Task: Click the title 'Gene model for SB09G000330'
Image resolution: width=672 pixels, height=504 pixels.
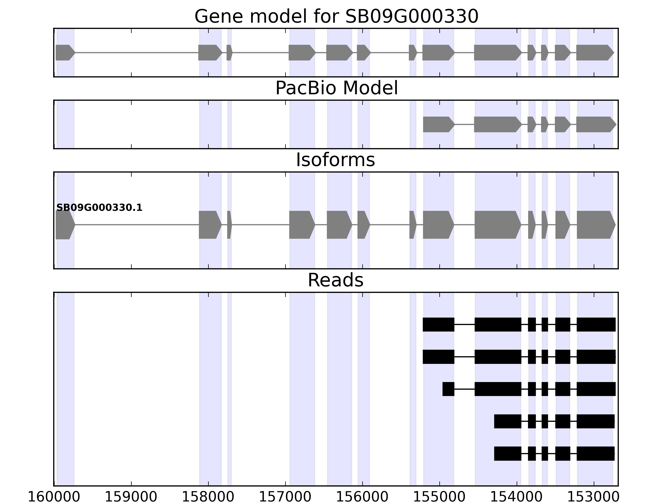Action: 336,16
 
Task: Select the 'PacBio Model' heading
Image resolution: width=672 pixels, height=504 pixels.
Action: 336,88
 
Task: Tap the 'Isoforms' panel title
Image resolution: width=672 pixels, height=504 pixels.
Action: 335,160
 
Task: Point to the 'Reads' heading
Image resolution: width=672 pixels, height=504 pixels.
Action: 335,280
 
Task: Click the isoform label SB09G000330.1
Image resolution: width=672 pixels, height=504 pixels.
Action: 99,208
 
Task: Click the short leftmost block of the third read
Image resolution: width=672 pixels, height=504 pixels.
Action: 448,389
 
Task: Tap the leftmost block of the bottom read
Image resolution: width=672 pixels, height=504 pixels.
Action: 507,454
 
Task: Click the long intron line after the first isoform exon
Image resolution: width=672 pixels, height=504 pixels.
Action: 137,225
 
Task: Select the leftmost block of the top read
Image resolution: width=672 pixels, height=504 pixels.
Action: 438,324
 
